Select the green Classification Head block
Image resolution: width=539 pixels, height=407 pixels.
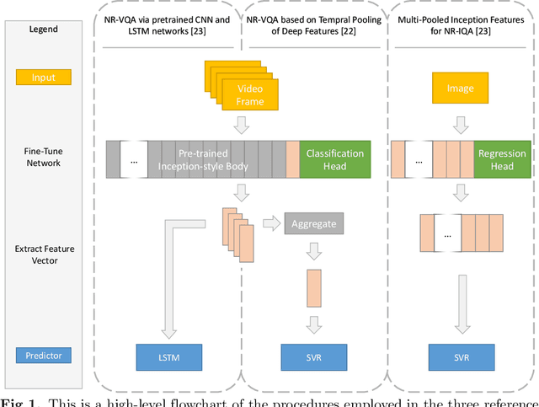[x=334, y=159]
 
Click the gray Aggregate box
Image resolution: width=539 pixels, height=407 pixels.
[x=314, y=224]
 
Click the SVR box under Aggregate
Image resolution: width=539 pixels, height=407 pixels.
[x=314, y=357]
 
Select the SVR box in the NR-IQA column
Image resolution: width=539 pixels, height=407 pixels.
[x=461, y=357]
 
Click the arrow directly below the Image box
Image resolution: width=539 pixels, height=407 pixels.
[x=461, y=126]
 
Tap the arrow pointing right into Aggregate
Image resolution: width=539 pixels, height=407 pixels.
[x=272, y=224]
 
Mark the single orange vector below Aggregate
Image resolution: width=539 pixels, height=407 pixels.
[x=314, y=287]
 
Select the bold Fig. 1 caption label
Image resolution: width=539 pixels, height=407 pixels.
[x=17, y=400]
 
